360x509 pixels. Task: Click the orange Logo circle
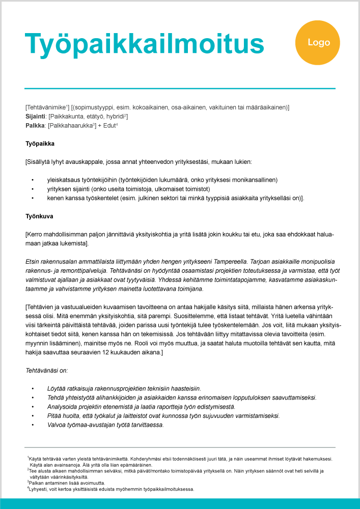click(319, 43)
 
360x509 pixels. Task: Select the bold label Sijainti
click(35, 117)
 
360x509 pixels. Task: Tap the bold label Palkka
click(35, 125)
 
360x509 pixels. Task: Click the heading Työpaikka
click(40, 144)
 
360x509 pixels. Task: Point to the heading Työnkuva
click(39, 216)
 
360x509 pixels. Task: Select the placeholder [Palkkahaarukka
click(70, 125)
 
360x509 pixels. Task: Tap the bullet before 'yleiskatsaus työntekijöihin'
click(32, 180)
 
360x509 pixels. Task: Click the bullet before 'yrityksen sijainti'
click(32, 189)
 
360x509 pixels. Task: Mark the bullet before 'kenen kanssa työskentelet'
click(32, 198)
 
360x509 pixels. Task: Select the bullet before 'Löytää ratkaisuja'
click(32, 388)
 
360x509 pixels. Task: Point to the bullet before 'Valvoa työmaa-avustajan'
click(32, 425)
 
